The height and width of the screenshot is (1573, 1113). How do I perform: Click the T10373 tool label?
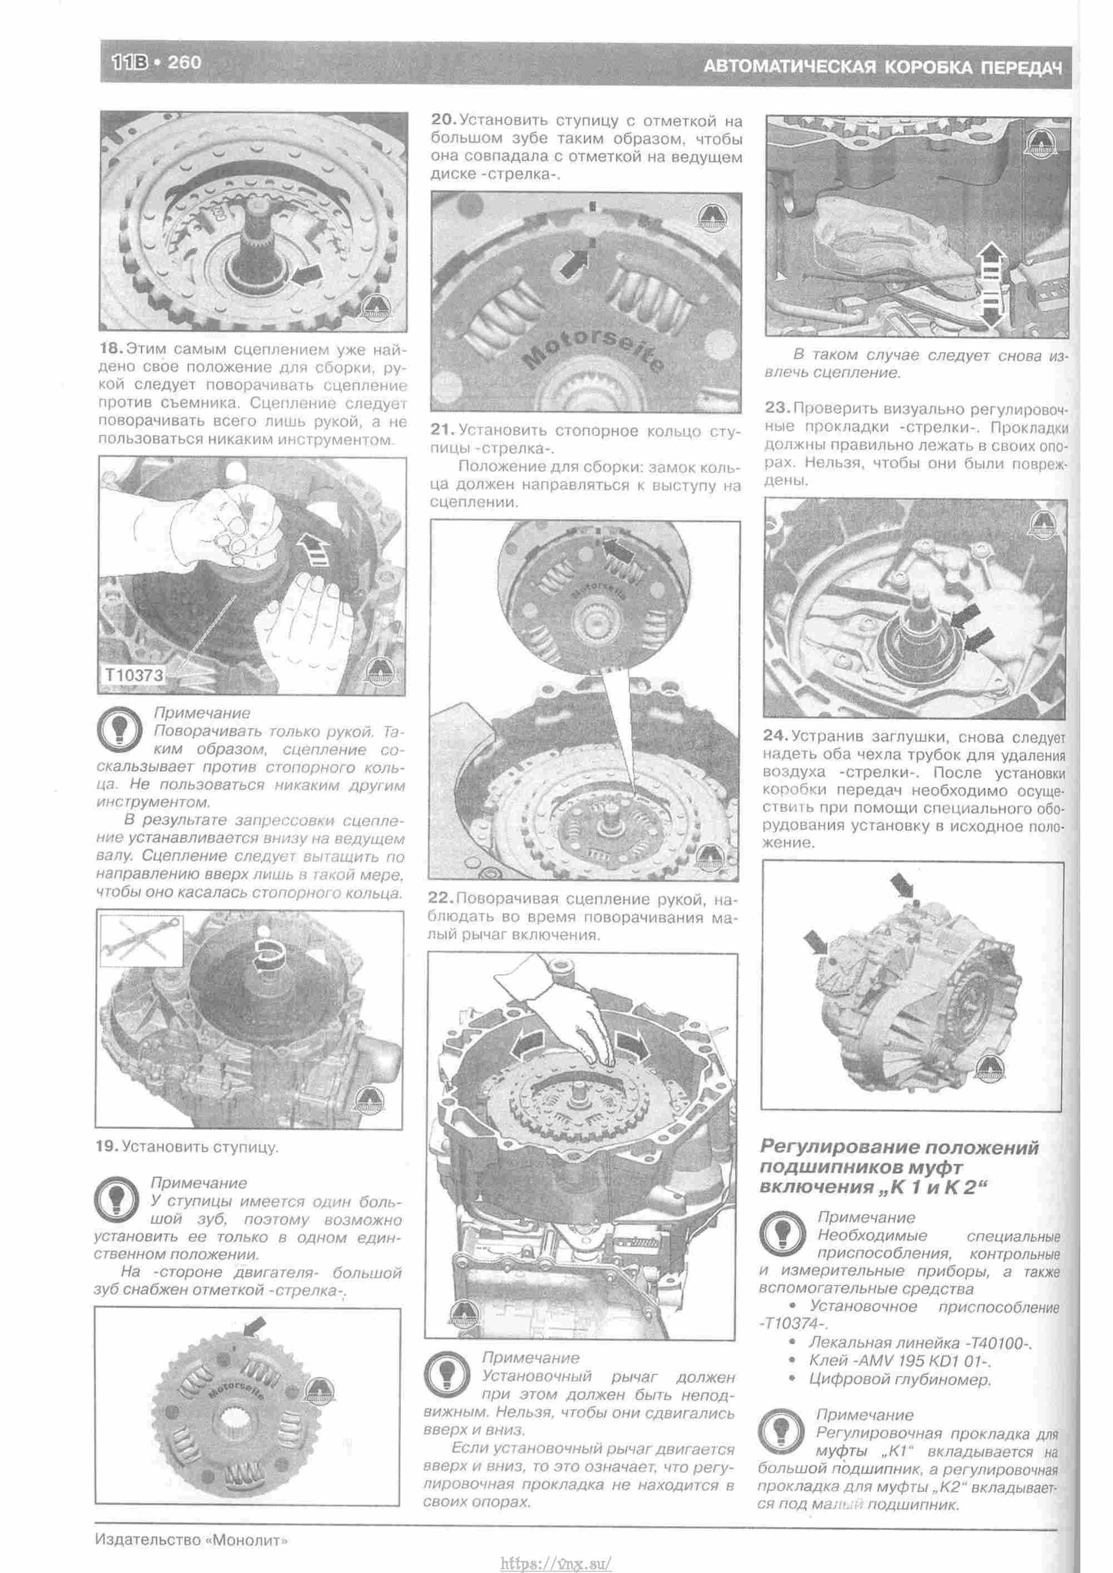[x=134, y=675]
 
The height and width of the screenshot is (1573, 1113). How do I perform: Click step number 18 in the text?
[x=112, y=349]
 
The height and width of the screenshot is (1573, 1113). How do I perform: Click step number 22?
[x=441, y=898]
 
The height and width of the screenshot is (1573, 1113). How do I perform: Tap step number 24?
[x=776, y=737]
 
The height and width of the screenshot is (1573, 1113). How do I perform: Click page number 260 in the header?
[x=184, y=62]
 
